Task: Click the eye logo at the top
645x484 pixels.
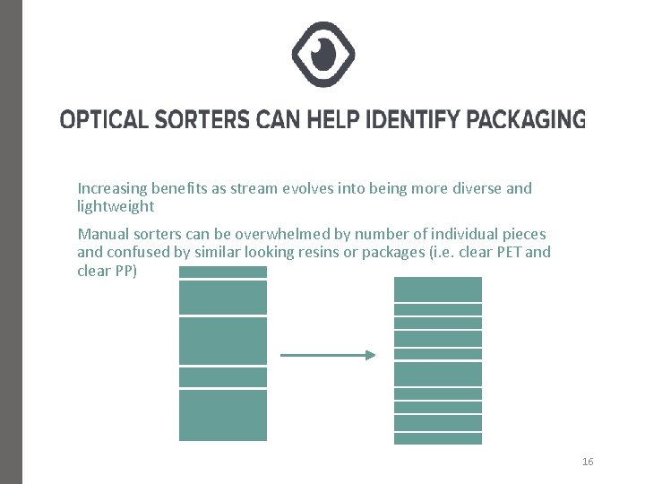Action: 323,54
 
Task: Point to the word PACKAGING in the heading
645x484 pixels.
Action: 527,118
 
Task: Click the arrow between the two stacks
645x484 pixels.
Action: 328,356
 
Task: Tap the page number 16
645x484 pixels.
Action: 588,462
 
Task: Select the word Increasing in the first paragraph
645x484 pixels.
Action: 112,189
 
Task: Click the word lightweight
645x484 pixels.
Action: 116,206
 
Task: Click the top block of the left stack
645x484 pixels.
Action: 223,272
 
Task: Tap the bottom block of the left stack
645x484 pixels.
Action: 223,415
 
